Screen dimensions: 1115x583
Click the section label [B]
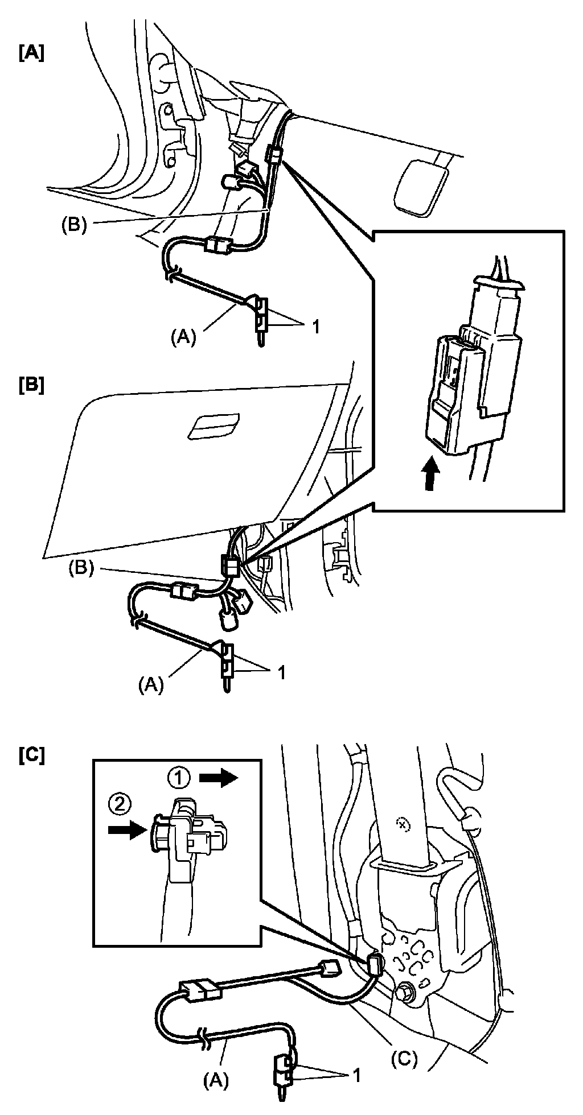pos(31,386)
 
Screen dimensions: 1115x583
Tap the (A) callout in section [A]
pos(183,338)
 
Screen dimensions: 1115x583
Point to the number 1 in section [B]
pos(281,672)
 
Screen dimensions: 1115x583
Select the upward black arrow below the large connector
pos(433,471)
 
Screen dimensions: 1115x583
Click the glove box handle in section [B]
pos(213,426)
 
